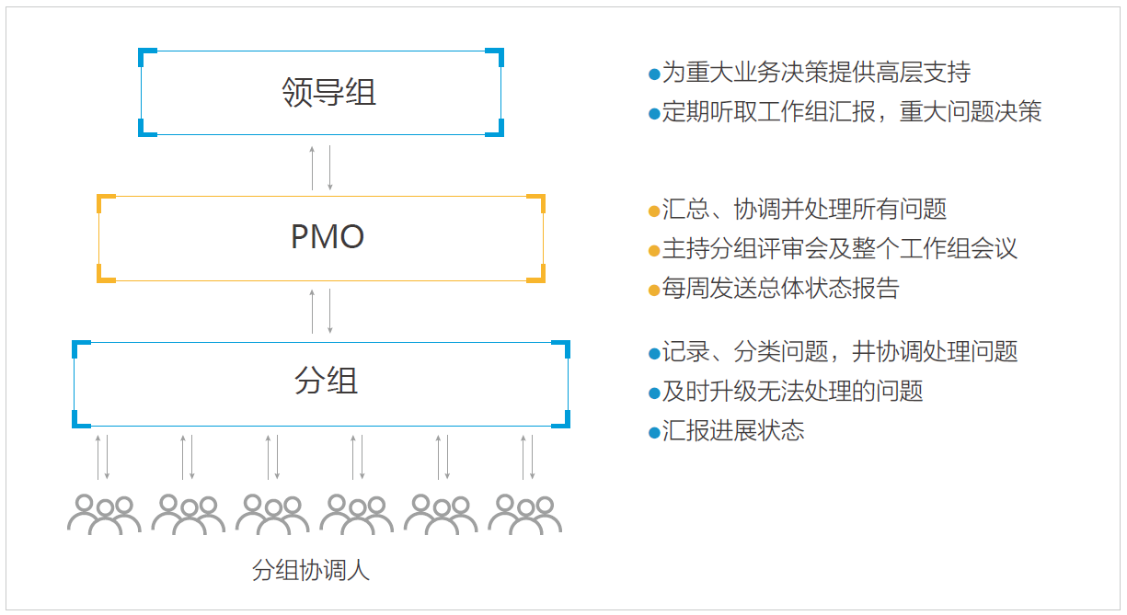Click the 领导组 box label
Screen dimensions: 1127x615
328,92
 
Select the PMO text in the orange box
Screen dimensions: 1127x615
328,236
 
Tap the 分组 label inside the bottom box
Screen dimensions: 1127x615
326,381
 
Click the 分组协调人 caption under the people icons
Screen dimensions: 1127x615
311,570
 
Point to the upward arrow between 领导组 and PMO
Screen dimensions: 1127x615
313,168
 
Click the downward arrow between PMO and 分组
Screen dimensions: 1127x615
330,312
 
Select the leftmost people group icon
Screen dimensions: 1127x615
104,515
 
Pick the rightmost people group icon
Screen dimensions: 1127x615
524,515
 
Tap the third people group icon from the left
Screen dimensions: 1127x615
272,515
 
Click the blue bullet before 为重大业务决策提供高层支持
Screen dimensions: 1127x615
654,74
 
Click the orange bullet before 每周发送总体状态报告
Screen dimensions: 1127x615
654,290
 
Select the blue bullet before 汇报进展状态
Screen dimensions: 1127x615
654,433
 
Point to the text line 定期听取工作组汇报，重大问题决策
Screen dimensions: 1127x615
851,111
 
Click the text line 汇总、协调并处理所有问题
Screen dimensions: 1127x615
804,210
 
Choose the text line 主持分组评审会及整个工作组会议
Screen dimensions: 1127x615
839,249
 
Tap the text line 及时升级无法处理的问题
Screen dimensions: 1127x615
792,392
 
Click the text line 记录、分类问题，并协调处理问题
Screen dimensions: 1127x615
840,351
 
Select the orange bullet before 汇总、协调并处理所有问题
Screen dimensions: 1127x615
654,211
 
